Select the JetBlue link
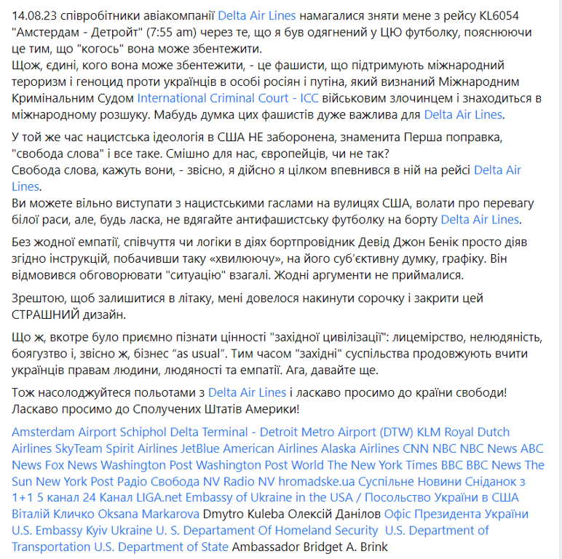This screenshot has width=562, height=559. [197, 448]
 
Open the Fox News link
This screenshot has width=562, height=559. [71, 464]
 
